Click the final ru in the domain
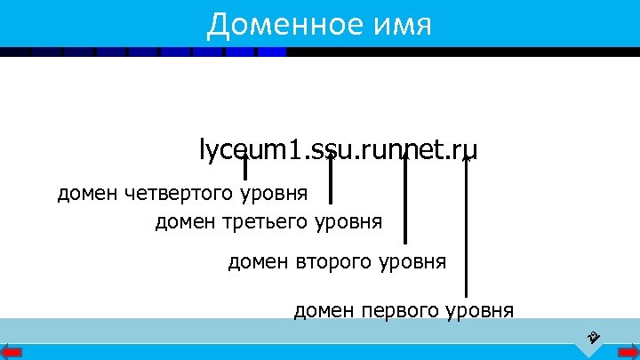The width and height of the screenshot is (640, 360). click(465, 150)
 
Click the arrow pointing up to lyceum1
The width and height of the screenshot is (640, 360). click(245, 167)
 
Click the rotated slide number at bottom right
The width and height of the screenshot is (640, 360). click(593, 337)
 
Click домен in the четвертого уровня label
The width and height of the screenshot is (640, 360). click(88, 193)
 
